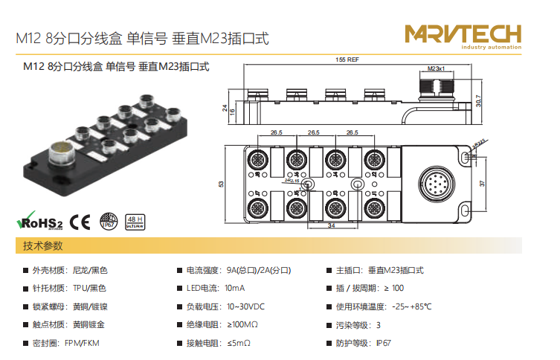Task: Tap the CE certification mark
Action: (80, 221)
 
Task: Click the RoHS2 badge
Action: (40, 221)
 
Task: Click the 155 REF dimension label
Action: (347, 59)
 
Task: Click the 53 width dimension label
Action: (221, 183)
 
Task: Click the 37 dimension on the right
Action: (483, 183)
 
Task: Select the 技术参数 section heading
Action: (43, 245)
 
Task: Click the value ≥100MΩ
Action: (242, 325)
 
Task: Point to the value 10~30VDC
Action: (246, 306)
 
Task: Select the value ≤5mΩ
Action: (239, 344)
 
